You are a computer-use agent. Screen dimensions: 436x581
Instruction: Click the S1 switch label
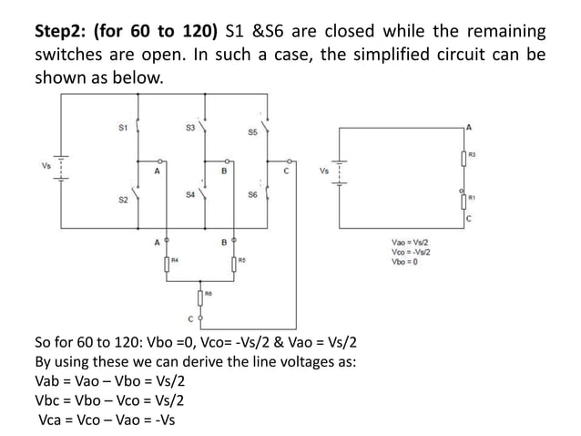coord(122,128)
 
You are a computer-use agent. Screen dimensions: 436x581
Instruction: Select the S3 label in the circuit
coord(189,128)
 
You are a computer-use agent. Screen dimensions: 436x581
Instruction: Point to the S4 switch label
coord(189,194)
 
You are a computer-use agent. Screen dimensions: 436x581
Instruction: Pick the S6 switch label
coord(251,194)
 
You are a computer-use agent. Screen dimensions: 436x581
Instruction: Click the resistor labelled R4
coord(167,264)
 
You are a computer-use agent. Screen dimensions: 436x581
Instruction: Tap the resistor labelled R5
coord(235,264)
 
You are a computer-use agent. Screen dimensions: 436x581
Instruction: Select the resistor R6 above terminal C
coord(200,297)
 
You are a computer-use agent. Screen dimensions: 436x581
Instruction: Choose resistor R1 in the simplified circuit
coord(464,196)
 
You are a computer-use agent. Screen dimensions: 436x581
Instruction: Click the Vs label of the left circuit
coord(46,165)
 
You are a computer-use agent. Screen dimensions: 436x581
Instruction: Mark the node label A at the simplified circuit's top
coord(469,125)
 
